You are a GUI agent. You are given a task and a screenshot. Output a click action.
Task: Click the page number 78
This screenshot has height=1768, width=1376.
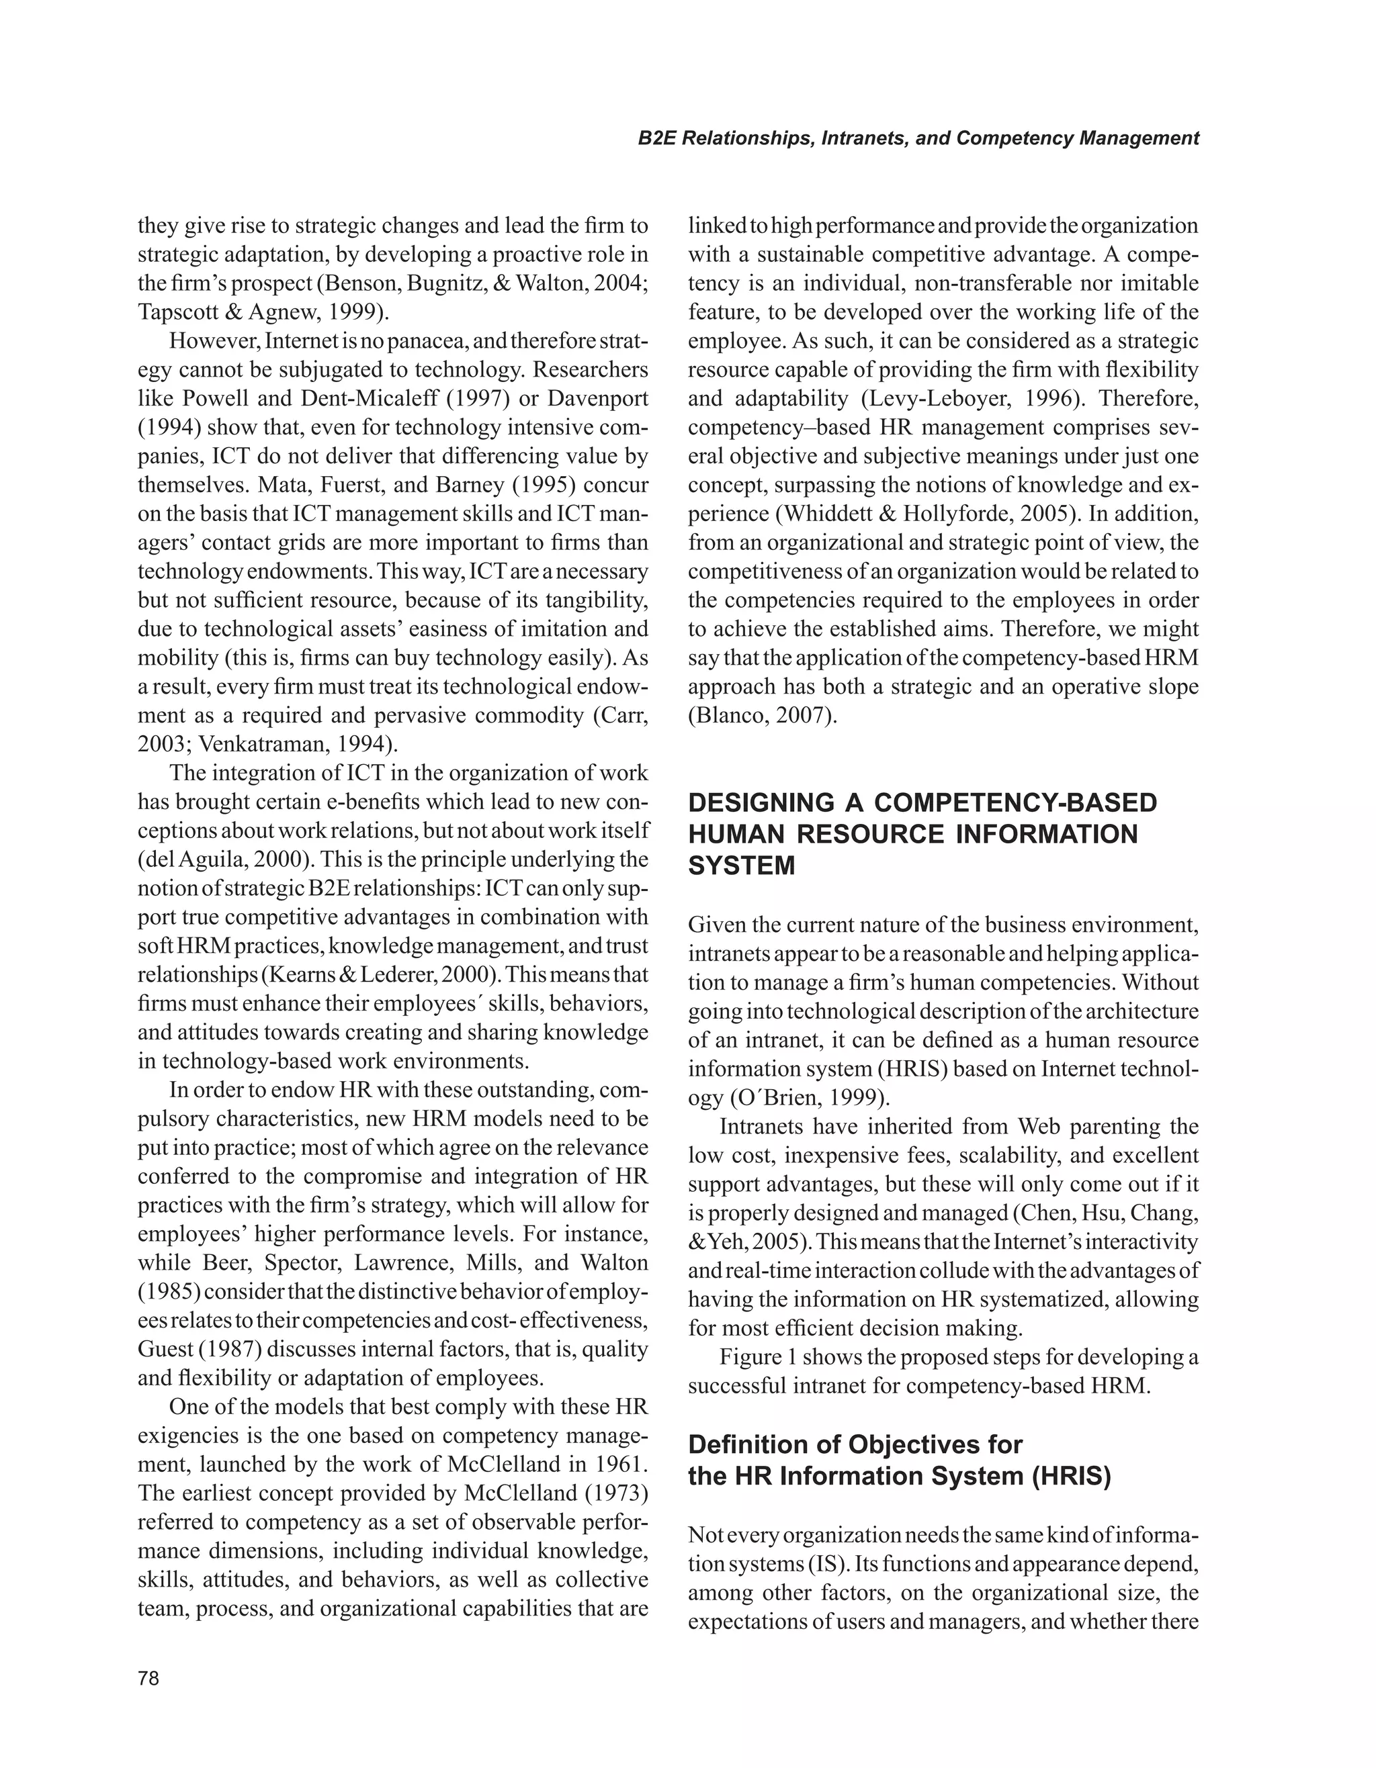pyautogui.click(x=149, y=1678)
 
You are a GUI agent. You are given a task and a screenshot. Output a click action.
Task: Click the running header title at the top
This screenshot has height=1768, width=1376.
pyautogui.click(x=918, y=138)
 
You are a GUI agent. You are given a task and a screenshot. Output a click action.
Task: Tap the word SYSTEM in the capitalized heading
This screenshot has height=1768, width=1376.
pyautogui.click(x=741, y=866)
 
